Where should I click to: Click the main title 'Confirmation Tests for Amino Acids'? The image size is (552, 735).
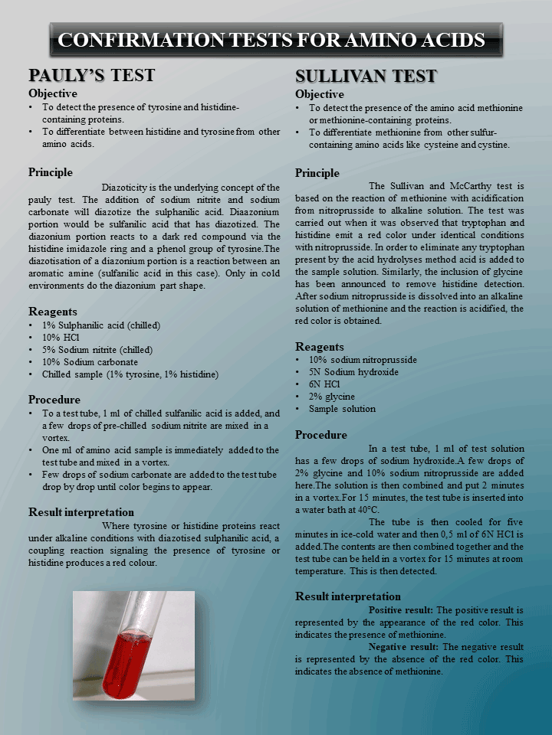[272, 40]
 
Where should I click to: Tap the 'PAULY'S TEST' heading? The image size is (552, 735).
[91, 75]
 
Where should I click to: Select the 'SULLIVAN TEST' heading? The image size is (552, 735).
[366, 76]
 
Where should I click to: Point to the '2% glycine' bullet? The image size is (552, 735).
[332, 397]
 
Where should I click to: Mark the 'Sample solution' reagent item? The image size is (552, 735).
[342, 409]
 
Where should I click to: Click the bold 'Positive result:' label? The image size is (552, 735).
[401, 610]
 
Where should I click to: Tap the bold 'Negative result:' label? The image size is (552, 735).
[403, 647]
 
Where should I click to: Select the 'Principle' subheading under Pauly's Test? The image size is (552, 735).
[51, 172]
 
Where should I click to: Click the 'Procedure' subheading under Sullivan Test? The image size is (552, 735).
[321, 435]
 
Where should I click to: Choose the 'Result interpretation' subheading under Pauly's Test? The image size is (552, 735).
[81, 512]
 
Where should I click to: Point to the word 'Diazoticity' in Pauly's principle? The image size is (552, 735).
[128, 187]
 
